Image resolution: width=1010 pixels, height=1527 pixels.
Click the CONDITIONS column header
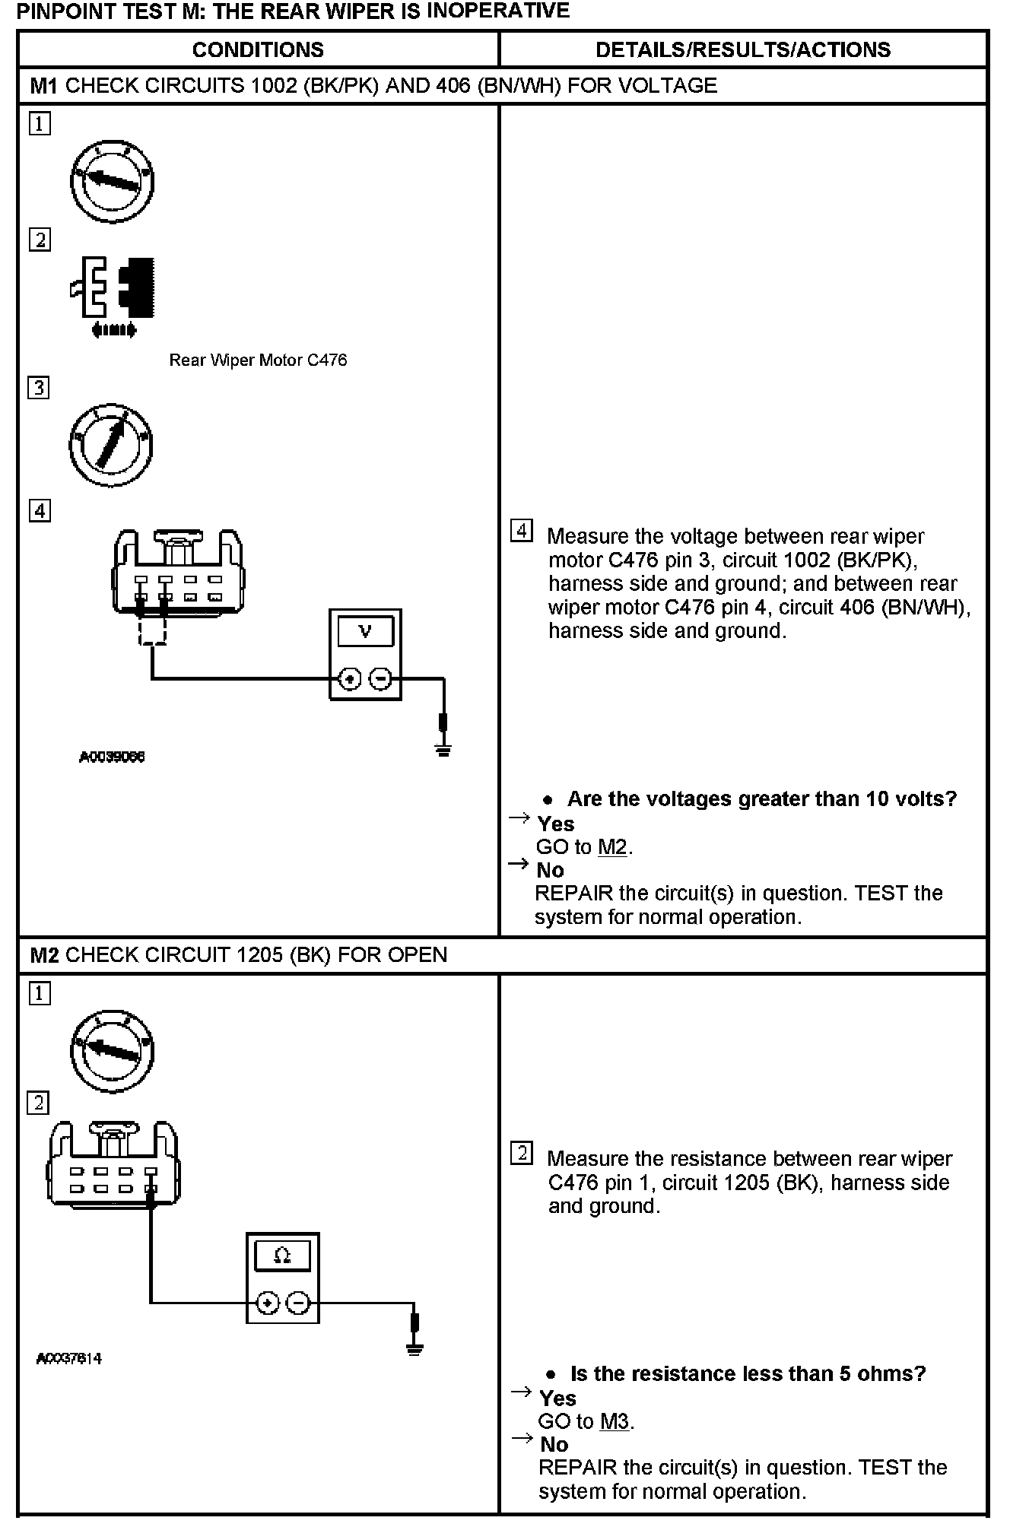[x=258, y=50]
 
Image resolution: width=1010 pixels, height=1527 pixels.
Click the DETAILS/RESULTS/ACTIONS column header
[x=742, y=50]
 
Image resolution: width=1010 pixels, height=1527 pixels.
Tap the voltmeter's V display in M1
[x=365, y=631]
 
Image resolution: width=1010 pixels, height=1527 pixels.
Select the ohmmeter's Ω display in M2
[x=282, y=1256]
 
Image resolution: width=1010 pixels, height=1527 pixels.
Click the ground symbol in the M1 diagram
[x=443, y=749]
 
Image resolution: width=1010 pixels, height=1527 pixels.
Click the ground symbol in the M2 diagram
[x=414, y=1350]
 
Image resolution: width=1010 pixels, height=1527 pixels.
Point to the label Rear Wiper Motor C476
[x=258, y=360]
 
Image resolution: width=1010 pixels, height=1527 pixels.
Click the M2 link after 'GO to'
[x=612, y=846]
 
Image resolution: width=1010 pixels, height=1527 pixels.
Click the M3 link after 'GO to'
[x=615, y=1421]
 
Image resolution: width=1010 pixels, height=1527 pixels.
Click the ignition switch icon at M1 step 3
[x=111, y=446]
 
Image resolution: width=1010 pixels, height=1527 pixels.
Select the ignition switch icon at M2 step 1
[x=113, y=1051]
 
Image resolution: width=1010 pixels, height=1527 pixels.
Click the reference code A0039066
[x=112, y=757]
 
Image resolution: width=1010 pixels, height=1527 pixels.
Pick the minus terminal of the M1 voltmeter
[x=381, y=679]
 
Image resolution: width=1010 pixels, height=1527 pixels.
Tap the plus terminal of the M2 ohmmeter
[x=267, y=1303]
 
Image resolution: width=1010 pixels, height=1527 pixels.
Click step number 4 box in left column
[x=40, y=510]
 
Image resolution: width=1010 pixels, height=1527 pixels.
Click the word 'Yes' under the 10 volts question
[x=556, y=824]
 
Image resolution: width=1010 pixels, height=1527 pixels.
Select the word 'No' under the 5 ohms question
[x=554, y=1444]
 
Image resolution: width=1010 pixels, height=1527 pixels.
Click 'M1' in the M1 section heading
[x=44, y=85]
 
